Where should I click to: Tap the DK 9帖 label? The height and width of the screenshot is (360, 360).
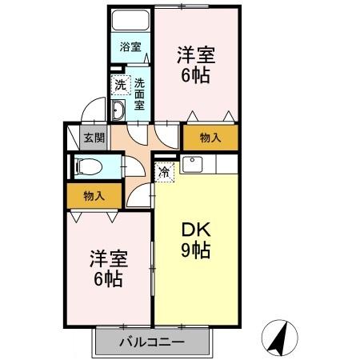pos(194,238)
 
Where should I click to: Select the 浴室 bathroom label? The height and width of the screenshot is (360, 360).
pos(130,46)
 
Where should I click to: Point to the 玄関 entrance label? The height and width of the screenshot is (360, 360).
pos(94,138)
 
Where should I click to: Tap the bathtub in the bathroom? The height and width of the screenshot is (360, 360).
pos(131,21)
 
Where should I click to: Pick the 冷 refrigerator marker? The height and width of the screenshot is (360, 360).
pos(164,171)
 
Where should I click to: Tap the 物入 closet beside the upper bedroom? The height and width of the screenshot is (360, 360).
pos(210,138)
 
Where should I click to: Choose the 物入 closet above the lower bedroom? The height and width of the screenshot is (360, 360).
pos(94,196)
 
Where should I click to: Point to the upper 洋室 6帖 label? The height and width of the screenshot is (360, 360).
pos(195,63)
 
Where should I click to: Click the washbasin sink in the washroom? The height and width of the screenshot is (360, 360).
pos(118,110)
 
